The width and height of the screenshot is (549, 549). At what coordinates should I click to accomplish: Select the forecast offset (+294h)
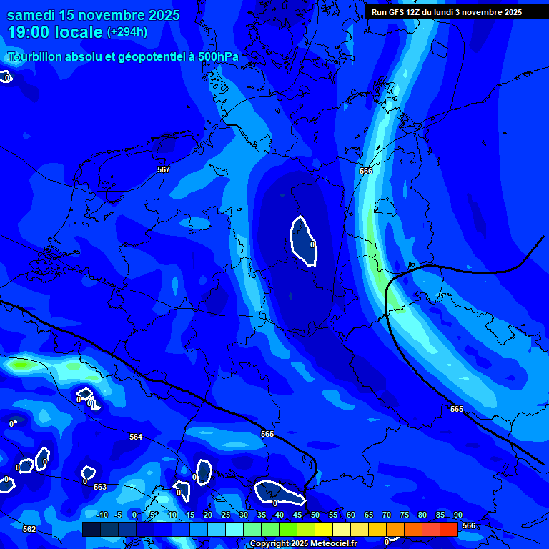(x=127, y=32)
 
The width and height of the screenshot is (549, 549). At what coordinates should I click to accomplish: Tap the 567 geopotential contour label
(x=164, y=169)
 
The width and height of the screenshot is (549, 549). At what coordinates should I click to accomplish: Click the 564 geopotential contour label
(x=136, y=437)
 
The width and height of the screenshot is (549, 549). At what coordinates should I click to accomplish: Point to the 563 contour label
(x=100, y=487)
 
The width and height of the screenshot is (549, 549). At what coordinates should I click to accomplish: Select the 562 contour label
(x=29, y=529)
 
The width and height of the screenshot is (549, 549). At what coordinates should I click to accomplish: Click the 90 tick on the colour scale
(x=457, y=515)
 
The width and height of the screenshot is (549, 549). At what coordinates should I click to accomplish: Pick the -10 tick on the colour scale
(x=102, y=515)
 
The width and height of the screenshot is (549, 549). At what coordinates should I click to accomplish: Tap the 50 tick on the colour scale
(x=315, y=515)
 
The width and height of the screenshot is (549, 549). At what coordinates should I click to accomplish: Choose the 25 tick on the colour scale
(x=226, y=515)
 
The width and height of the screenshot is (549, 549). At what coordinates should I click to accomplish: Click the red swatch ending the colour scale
(x=448, y=529)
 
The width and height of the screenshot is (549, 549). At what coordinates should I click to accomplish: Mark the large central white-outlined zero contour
(x=303, y=240)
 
